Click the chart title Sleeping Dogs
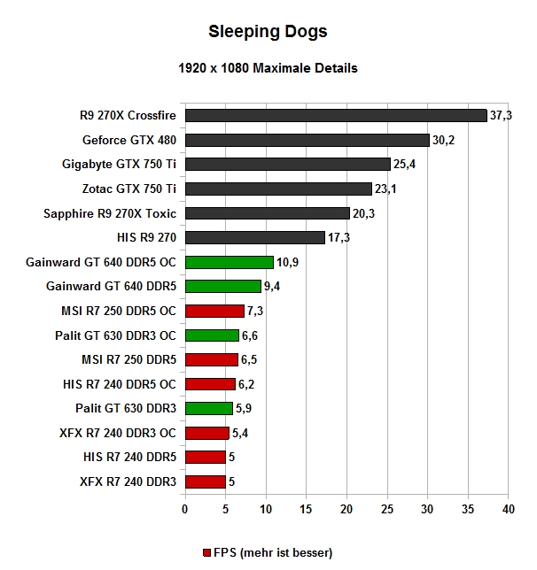click(268, 32)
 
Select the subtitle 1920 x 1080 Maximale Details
click(268, 67)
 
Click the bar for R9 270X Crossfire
click(336, 115)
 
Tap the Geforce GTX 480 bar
click(307, 140)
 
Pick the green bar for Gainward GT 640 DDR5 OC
click(229, 262)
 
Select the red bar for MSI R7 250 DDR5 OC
click(214, 311)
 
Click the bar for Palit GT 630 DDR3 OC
click(211, 335)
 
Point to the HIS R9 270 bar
click(254, 237)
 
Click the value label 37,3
click(502, 115)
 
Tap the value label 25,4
click(405, 165)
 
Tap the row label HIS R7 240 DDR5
click(132, 458)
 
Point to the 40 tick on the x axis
click(509, 510)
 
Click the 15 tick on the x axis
click(306, 510)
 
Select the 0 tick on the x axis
click(184, 510)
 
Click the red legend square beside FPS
click(207, 552)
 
